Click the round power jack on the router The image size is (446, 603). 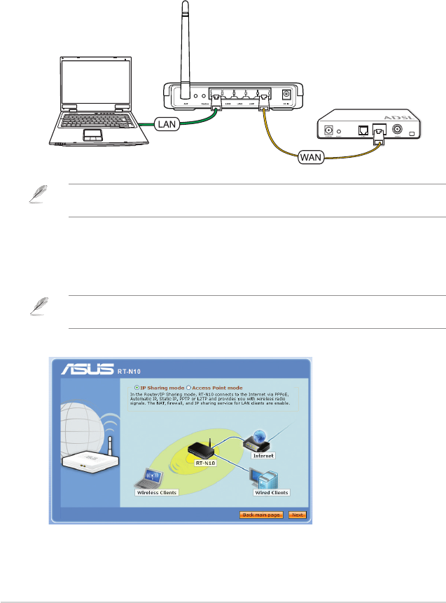click(285, 95)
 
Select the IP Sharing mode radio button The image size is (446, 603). click(137, 387)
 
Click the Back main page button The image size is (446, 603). click(260, 515)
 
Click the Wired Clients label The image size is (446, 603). click(271, 492)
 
